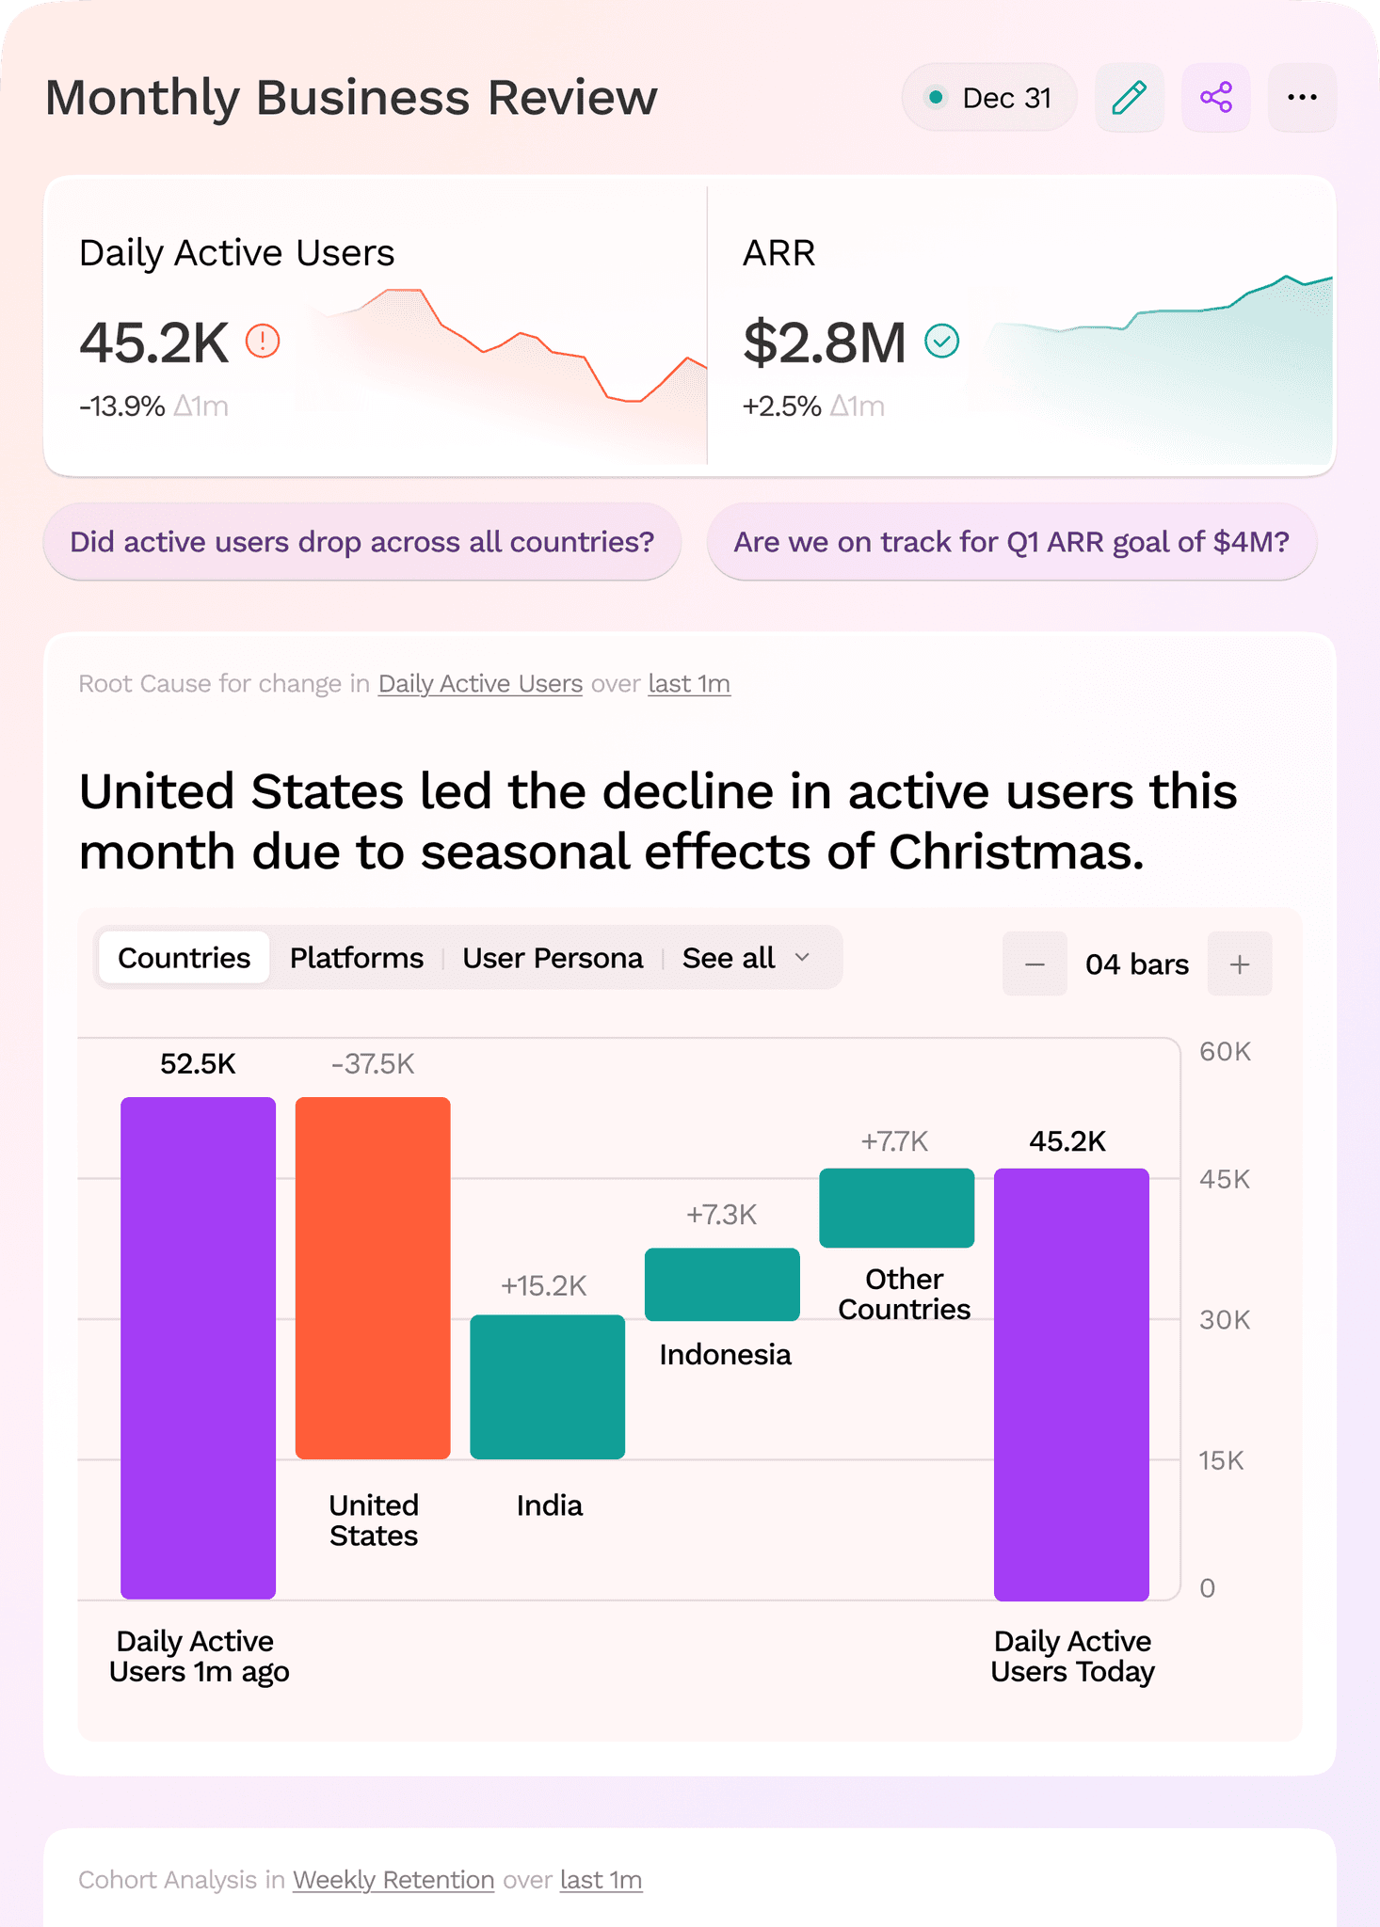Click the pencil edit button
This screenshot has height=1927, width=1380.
point(1130,98)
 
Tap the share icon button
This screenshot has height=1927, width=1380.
point(1216,98)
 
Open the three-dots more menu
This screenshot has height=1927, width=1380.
point(1302,98)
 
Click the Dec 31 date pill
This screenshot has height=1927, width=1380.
point(989,98)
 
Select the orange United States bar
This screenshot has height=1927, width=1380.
point(373,1278)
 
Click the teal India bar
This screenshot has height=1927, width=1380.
point(548,1387)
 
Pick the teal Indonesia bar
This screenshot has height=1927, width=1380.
point(722,1284)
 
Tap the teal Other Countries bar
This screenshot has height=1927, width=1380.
point(897,1208)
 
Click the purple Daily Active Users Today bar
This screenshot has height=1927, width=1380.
point(1071,1384)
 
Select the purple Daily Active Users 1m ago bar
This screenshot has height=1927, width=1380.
point(198,1348)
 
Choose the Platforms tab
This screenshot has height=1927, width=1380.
point(357,958)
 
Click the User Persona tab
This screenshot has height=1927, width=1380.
point(553,958)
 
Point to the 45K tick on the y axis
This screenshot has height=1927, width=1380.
point(1225,1179)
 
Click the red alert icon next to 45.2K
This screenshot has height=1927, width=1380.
point(263,341)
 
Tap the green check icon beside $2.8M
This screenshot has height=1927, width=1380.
point(941,341)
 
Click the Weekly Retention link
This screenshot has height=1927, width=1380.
point(393,1880)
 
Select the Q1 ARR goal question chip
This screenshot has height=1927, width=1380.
point(1012,542)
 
